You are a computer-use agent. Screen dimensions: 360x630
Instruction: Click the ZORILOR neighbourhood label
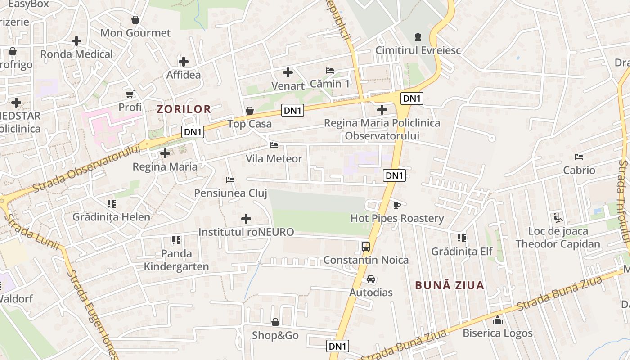pos(184,109)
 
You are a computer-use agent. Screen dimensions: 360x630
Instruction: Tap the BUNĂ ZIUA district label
pos(449,285)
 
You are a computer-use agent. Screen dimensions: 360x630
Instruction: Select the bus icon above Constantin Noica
pos(366,246)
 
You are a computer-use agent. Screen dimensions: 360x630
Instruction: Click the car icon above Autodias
pos(371,279)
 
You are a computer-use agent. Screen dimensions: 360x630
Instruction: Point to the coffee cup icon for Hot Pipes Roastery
pos(396,205)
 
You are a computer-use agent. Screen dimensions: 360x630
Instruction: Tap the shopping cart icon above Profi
pos(130,94)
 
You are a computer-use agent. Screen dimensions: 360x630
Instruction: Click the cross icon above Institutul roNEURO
pos(246,219)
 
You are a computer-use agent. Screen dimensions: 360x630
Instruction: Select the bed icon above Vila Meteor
pos(274,145)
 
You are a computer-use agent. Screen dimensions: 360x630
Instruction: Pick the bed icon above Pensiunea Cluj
pos(230,180)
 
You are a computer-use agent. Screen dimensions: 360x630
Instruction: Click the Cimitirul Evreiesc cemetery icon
pos(418,36)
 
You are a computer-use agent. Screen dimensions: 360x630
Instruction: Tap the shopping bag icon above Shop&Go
pos(275,322)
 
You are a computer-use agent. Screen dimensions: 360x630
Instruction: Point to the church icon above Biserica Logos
pos(497,320)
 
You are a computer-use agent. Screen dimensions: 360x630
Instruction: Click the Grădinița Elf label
pos(462,252)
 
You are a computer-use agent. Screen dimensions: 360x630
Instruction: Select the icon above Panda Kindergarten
pos(176,240)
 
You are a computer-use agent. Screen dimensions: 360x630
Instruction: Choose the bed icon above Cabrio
pos(579,157)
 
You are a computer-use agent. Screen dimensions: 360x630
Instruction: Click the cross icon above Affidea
pos(183,61)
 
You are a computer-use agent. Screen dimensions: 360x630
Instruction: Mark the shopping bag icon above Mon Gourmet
pos(135,20)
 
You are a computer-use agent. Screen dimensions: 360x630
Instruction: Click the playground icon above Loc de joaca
pos(558,218)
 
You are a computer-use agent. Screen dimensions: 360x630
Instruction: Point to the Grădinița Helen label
pos(111,217)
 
